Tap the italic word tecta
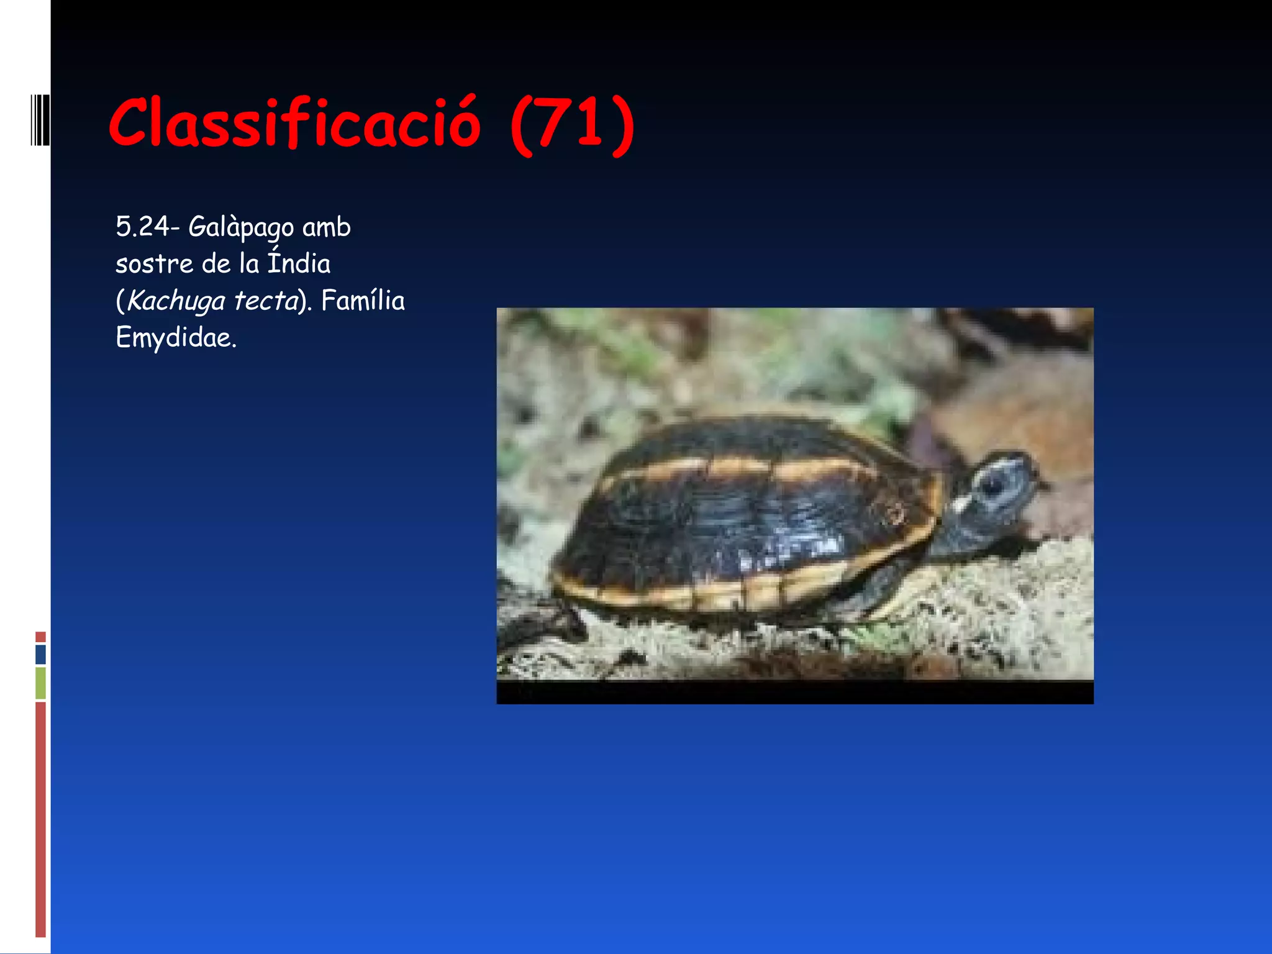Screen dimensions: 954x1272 (266, 301)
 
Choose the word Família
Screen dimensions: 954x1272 (363, 301)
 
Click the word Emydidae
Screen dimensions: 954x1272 (176, 338)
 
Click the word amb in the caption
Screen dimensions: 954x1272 (326, 227)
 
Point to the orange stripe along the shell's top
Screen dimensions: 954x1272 (745, 467)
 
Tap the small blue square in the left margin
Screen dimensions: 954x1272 (41, 655)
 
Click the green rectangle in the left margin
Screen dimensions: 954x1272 (41, 683)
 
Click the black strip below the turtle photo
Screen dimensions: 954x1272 (795, 693)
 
